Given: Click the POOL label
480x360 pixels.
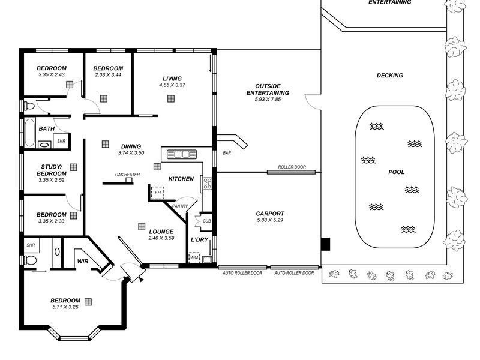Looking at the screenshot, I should point(396,172).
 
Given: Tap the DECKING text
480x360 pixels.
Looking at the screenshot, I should point(389,76).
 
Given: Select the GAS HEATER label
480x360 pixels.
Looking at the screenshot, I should point(127,175).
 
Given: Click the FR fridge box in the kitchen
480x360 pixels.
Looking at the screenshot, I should point(158,193).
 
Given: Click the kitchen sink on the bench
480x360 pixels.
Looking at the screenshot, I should point(179,154).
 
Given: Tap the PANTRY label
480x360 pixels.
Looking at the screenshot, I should point(180,206).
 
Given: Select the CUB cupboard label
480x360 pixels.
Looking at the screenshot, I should point(206,221).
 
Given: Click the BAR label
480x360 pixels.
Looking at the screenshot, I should point(227,153).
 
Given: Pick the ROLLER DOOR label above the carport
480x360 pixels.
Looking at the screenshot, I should point(292,167).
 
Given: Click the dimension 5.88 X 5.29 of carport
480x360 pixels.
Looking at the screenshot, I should point(270,220).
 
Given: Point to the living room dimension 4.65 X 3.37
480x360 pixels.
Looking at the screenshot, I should point(172,85).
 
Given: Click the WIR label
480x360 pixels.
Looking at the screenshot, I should point(82,261).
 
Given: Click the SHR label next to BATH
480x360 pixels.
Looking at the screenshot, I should point(61,141).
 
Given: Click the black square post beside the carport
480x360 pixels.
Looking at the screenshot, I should point(325,244).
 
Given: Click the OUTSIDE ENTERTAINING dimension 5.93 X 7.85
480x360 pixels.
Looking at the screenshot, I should point(268,100).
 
